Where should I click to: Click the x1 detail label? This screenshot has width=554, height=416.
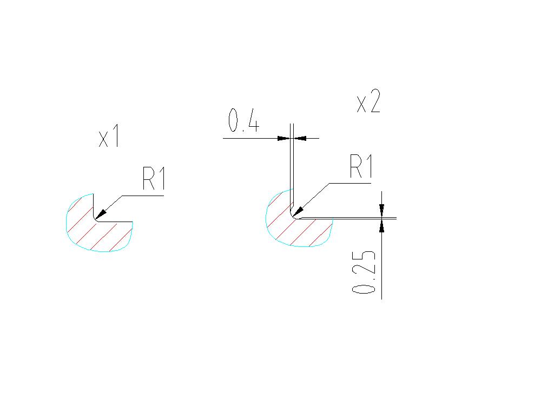click(109, 136)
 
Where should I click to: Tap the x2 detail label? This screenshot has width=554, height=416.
click(368, 101)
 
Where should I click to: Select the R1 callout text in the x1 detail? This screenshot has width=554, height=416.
click(154, 178)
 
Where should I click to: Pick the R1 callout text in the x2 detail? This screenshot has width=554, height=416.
click(361, 166)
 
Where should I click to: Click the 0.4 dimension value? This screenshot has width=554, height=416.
click(244, 120)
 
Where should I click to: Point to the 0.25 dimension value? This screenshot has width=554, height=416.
click(364, 272)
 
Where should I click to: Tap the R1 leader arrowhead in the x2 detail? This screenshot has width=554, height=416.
click(298, 210)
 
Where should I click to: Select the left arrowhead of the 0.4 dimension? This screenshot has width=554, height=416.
click(283, 138)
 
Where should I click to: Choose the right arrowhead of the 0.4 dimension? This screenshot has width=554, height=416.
click(300, 138)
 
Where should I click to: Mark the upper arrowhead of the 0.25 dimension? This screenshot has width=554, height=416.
click(381, 210)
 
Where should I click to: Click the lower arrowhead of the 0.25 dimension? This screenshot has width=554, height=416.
click(381, 226)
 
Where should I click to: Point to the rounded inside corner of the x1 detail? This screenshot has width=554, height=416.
click(95, 220)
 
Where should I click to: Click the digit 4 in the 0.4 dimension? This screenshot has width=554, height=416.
click(253, 120)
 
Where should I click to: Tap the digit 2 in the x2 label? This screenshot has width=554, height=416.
click(374, 101)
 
